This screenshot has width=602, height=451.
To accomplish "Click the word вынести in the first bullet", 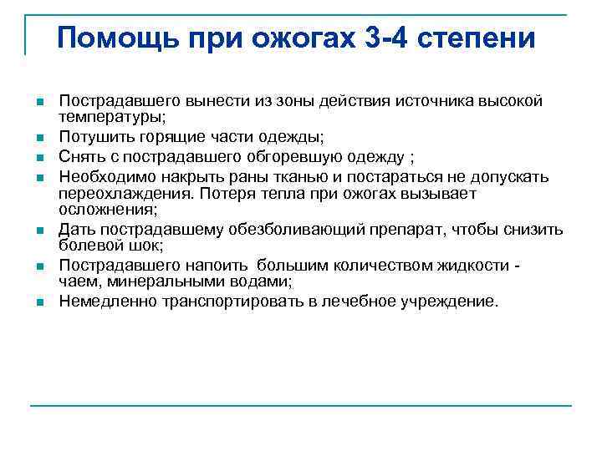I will [x=198, y=101].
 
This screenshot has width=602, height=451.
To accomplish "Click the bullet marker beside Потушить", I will [x=39, y=136].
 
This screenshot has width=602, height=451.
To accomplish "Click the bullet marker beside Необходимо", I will [x=39, y=177].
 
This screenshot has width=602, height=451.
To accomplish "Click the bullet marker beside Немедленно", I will [x=39, y=302].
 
